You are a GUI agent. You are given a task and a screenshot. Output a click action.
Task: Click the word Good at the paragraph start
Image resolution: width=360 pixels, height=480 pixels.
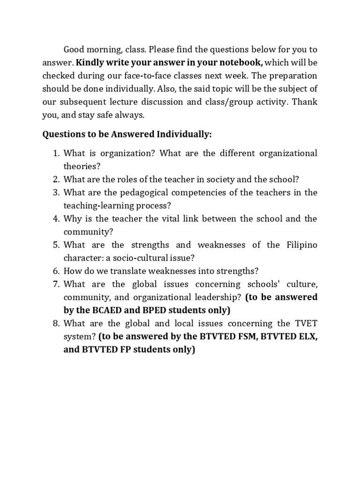click(x=74, y=49)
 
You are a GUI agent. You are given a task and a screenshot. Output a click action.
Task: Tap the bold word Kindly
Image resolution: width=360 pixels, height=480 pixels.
click(x=89, y=62)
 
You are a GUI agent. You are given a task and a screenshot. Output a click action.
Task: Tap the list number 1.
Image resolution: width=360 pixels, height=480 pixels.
click(x=55, y=153)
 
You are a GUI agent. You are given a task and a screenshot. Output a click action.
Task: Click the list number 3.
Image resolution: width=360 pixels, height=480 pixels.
click(x=55, y=192)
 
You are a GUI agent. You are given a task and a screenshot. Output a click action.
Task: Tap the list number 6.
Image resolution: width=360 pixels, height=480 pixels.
click(x=55, y=270)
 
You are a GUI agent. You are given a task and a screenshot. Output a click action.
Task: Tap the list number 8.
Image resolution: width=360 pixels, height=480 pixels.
click(x=55, y=323)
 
